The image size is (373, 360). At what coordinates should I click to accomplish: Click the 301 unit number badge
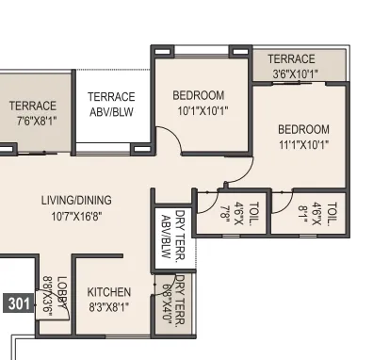(x=18, y=303)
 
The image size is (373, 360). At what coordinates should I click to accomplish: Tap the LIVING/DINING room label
(x=76, y=200)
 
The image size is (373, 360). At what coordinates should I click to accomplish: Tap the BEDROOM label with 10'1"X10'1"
(x=199, y=95)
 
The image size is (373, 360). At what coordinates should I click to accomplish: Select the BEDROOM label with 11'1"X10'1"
(x=303, y=129)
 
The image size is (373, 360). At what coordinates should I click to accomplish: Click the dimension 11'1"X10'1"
(x=303, y=144)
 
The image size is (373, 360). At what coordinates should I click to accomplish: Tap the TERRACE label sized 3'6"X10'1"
(x=291, y=58)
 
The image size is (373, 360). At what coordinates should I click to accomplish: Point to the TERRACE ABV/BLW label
(x=111, y=103)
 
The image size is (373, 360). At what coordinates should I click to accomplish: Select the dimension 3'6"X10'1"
(x=295, y=73)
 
